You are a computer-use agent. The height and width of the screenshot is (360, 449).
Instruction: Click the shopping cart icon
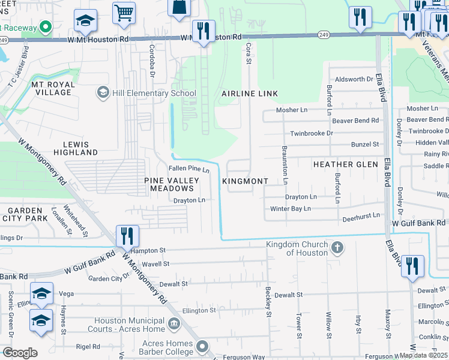[x=123, y=12]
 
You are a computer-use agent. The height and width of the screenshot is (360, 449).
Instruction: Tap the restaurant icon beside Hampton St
[x=127, y=236]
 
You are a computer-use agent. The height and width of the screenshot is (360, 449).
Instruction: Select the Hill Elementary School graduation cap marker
[x=102, y=93]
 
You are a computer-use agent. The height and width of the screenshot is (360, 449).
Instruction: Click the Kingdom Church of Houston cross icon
[x=337, y=247]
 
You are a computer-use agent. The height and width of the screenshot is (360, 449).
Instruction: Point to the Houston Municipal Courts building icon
[x=173, y=325]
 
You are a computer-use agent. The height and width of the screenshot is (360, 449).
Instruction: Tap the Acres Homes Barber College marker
[x=202, y=347]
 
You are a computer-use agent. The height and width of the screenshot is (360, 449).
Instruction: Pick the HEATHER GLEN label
[x=345, y=164]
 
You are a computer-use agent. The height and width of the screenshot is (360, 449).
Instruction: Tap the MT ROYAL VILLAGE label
[x=52, y=88]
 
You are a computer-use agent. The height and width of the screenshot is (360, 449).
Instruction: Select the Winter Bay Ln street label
[x=291, y=208]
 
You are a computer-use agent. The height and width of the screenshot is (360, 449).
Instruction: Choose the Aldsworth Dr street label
[x=358, y=79]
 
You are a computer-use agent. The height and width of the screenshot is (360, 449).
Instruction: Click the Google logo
[x=20, y=353]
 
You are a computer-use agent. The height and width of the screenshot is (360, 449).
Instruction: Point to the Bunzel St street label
[x=365, y=145]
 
